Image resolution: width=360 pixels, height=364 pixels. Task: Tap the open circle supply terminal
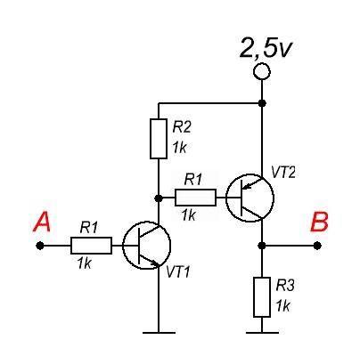[x=262, y=72]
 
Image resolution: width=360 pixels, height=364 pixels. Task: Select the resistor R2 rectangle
[x=159, y=139]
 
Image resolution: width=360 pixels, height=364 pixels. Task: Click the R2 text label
[x=182, y=127]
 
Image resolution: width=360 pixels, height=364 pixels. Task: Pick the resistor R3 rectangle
[x=262, y=297]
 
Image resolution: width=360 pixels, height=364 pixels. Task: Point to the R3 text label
[x=285, y=286]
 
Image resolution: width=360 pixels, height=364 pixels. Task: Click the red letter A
[x=42, y=222]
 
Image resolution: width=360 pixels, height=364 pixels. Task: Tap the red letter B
[x=319, y=222]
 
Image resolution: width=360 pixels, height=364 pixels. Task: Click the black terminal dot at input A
[x=39, y=246]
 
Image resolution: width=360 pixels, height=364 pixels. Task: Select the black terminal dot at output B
[x=317, y=246]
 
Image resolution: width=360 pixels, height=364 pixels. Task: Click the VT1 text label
[x=177, y=271]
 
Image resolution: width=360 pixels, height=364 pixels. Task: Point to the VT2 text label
[x=283, y=173]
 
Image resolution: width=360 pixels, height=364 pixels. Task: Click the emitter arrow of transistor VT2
[x=250, y=185]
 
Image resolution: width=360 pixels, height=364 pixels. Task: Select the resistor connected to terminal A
[x=91, y=246]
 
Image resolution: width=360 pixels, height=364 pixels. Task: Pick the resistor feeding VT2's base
[x=195, y=198]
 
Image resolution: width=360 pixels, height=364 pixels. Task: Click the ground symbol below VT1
[x=159, y=333]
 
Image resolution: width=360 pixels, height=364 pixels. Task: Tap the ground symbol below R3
[x=262, y=333]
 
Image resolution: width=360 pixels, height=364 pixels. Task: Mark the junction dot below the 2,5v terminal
[x=262, y=103]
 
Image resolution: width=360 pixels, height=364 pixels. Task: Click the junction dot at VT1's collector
[x=159, y=198]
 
